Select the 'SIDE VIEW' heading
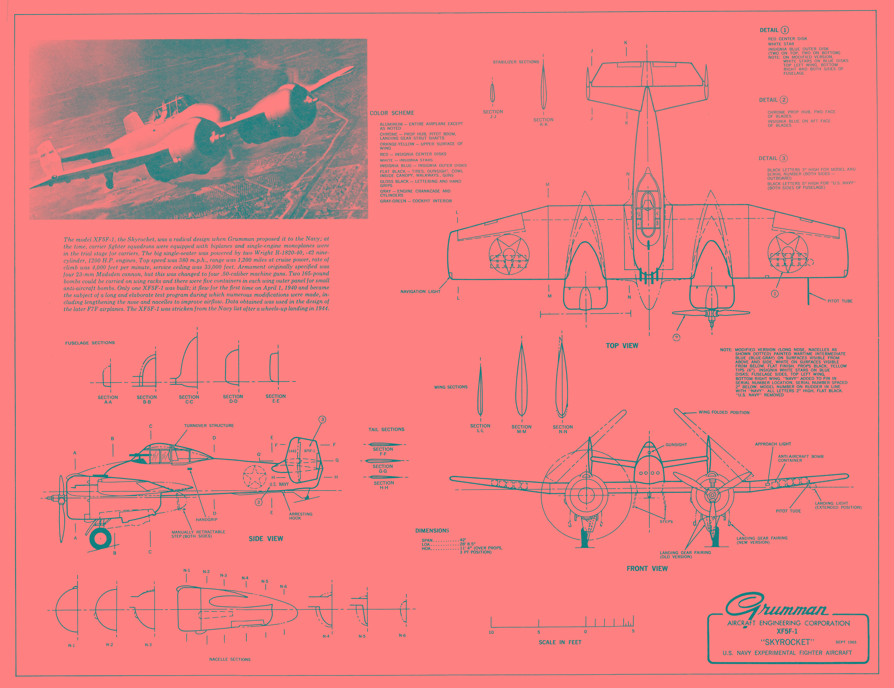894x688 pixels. point(266,539)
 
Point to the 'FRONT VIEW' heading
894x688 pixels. point(647,568)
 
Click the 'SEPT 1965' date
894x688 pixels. point(846,642)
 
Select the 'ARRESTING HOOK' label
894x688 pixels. point(300,516)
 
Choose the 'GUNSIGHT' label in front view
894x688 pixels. point(676,444)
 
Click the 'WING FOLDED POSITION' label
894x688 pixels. point(724,412)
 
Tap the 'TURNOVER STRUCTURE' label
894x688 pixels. point(209,426)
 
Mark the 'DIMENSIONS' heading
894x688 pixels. point(432,531)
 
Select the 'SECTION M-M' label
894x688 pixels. point(521,429)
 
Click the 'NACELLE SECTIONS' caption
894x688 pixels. point(230,659)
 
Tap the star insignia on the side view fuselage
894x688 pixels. point(255,477)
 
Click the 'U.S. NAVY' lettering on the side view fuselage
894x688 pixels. point(279,484)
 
